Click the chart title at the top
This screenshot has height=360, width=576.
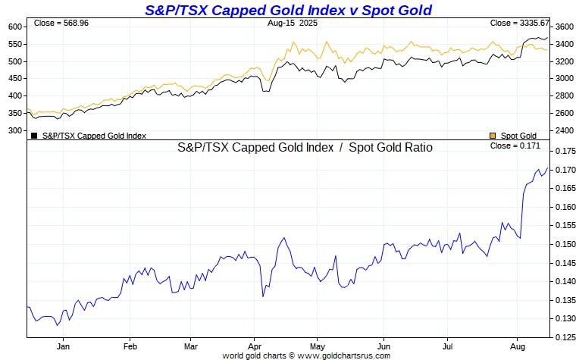point(288,10)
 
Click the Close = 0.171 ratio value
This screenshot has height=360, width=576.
point(516,146)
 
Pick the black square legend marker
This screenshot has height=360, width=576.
point(34,136)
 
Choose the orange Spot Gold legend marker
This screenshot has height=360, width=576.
point(493,136)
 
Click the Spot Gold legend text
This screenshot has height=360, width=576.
point(518,136)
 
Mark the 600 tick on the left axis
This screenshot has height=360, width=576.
point(14,27)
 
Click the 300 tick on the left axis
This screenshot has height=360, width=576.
point(14,130)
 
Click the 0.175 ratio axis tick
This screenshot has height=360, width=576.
point(565,152)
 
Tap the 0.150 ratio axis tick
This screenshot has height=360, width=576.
point(565,244)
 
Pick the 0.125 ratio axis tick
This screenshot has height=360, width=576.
point(565,337)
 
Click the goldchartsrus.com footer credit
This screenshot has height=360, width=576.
point(306,355)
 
